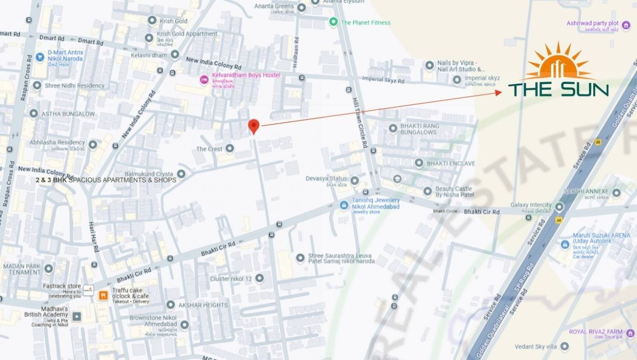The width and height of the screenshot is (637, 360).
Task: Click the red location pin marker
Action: [254, 126]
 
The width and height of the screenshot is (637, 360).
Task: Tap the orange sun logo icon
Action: [558, 63]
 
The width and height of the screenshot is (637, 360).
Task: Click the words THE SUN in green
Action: [558, 89]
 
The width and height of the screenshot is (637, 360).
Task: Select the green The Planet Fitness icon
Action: [333, 22]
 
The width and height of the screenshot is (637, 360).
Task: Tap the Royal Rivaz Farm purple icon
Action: [630, 333]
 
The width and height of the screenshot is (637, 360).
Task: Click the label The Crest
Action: [209, 149]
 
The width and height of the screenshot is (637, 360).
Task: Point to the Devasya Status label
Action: [326, 179]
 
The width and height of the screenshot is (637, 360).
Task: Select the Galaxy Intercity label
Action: [531, 205]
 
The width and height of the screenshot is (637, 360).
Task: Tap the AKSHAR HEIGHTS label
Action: [203, 305]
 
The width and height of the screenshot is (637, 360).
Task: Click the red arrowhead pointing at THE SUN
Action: [498, 93]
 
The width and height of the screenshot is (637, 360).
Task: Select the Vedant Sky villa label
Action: [537, 347]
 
